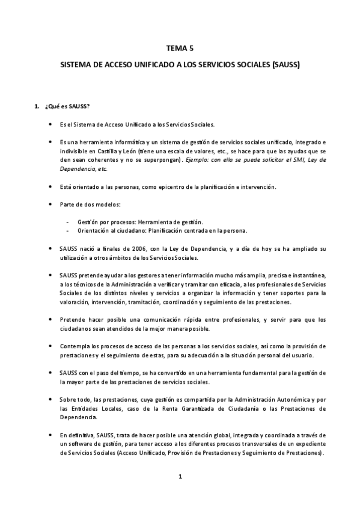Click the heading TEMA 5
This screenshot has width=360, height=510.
(180, 50)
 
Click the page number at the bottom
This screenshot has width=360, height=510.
(180, 476)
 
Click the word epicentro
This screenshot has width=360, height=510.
(159, 186)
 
